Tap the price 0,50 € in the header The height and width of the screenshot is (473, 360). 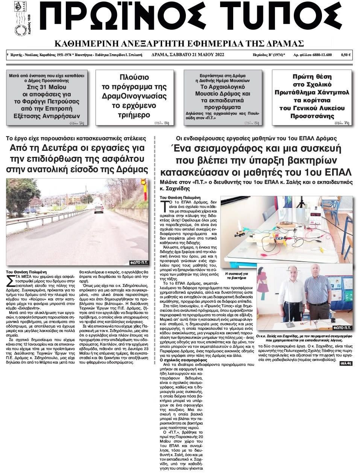point(346,55)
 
